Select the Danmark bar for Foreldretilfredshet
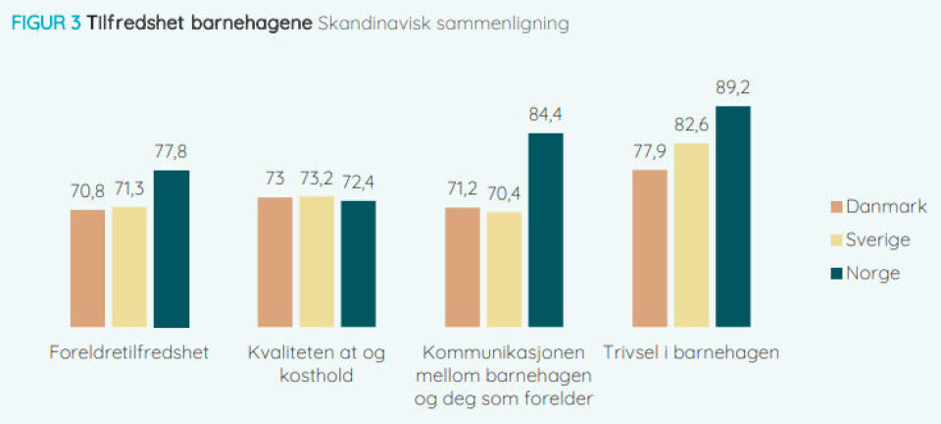click(x=88, y=267)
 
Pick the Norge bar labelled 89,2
click(x=733, y=216)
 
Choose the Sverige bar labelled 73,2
click(x=317, y=261)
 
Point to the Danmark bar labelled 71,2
click(x=463, y=266)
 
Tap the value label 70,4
click(x=504, y=194)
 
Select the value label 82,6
click(x=691, y=126)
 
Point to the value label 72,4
click(x=359, y=183)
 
